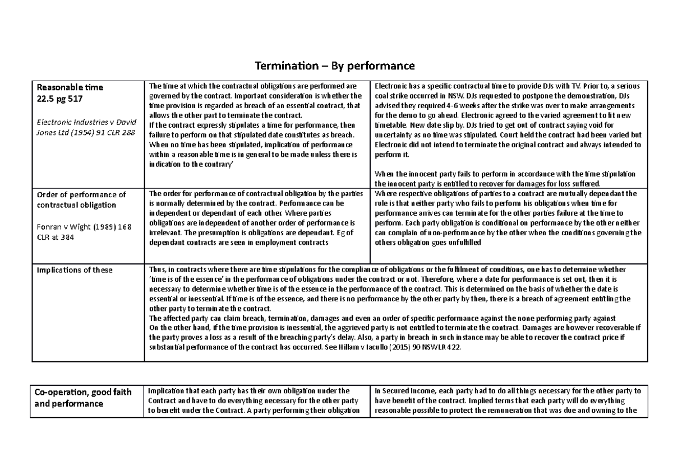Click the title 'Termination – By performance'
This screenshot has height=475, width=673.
[335, 66]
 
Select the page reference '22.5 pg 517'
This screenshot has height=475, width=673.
[59, 97]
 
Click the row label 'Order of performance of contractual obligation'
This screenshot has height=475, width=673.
[81, 199]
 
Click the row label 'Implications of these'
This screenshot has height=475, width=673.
[74, 270]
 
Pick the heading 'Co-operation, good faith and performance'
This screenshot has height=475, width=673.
[83, 397]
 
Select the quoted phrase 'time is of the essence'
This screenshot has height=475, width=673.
[186, 280]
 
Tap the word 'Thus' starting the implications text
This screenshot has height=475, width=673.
[155, 270]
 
